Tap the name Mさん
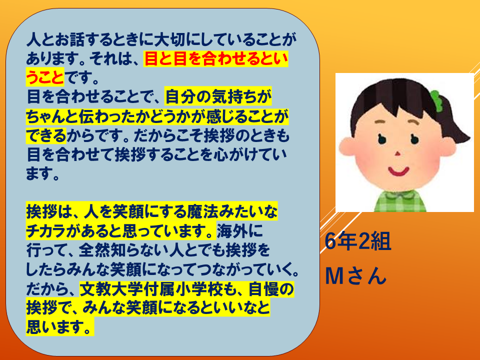355,275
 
